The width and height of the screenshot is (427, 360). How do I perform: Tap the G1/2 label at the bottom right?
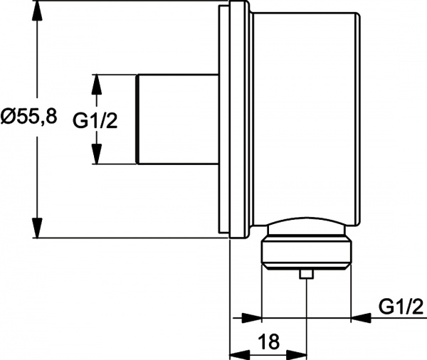[401, 307]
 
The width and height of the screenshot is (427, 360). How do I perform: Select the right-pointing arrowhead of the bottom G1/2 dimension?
[253, 317]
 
